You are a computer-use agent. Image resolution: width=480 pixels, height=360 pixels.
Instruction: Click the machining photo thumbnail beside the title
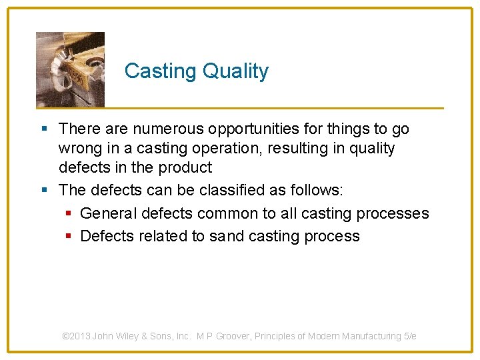point(70,69)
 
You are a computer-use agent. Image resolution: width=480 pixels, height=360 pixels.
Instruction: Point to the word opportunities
point(257,129)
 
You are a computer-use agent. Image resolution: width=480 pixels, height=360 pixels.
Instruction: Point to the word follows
point(317,190)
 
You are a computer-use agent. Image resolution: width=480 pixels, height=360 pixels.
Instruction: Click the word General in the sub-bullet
point(106,213)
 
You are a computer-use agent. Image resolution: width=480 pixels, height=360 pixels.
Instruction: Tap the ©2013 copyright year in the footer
point(76,337)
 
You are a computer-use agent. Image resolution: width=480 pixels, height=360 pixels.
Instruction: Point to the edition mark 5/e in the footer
point(410,337)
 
